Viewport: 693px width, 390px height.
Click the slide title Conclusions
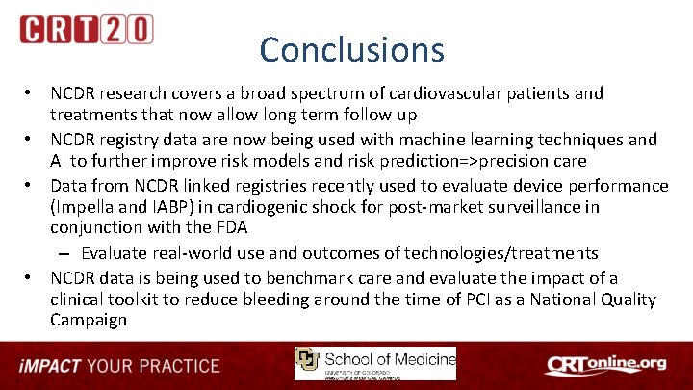351,49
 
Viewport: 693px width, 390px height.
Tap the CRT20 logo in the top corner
86,30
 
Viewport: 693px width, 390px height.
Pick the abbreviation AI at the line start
60,161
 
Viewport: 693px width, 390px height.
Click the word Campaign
89,321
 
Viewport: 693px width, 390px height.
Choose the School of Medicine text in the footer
390,359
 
